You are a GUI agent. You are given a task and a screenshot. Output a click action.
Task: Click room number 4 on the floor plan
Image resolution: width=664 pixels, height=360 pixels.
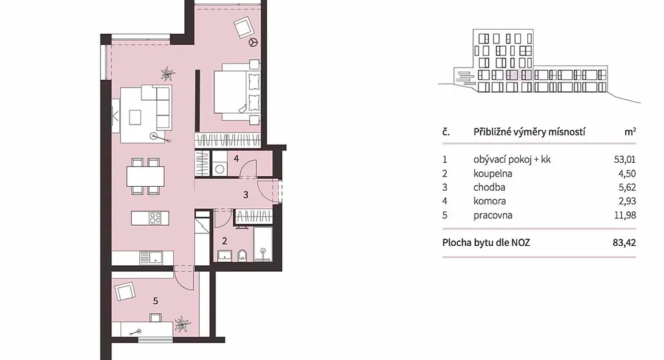[x=236, y=159]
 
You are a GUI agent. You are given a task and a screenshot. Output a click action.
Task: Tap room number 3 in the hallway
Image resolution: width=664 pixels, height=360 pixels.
[x=246, y=195]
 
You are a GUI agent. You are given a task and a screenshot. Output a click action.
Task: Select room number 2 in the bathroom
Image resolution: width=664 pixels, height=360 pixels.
[x=224, y=241]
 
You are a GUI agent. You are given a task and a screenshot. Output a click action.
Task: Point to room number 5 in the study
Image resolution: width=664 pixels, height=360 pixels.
[x=156, y=301]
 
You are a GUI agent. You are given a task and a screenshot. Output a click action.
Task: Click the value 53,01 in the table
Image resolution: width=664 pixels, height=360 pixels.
[x=624, y=160]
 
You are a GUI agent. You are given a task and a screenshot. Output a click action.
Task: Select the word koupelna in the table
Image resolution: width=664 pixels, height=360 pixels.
[x=493, y=173]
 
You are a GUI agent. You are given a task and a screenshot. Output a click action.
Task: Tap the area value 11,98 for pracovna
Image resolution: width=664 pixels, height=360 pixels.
[x=625, y=215]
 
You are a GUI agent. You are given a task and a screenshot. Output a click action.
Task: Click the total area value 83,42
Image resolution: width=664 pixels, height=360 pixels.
[x=624, y=243]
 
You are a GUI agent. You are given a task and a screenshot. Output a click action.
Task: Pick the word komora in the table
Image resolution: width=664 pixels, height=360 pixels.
[x=490, y=201]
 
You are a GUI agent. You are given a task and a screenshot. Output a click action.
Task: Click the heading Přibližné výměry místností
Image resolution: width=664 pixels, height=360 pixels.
[x=529, y=132]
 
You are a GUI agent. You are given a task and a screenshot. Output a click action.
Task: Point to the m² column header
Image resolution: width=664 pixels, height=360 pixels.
[x=630, y=132]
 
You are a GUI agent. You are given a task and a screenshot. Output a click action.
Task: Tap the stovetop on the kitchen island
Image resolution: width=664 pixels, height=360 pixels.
[x=156, y=218]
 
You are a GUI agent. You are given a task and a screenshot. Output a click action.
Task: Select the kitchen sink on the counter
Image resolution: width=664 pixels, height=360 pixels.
[x=151, y=258]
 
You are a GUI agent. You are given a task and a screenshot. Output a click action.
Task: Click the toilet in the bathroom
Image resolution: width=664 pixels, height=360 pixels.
[x=243, y=256]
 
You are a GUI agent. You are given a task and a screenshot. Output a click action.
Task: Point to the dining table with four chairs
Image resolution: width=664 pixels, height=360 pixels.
[x=145, y=176]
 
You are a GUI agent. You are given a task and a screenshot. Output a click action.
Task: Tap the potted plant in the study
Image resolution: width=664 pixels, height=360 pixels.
[x=182, y=324]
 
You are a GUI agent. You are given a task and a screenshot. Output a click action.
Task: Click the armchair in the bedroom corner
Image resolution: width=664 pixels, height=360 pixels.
[x=244, y=27]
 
